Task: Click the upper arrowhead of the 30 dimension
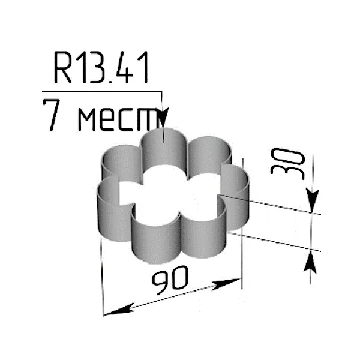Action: pyautogui.click(x=311, y=202)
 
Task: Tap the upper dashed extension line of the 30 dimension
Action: pyautogui.click(x=270, y=204)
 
